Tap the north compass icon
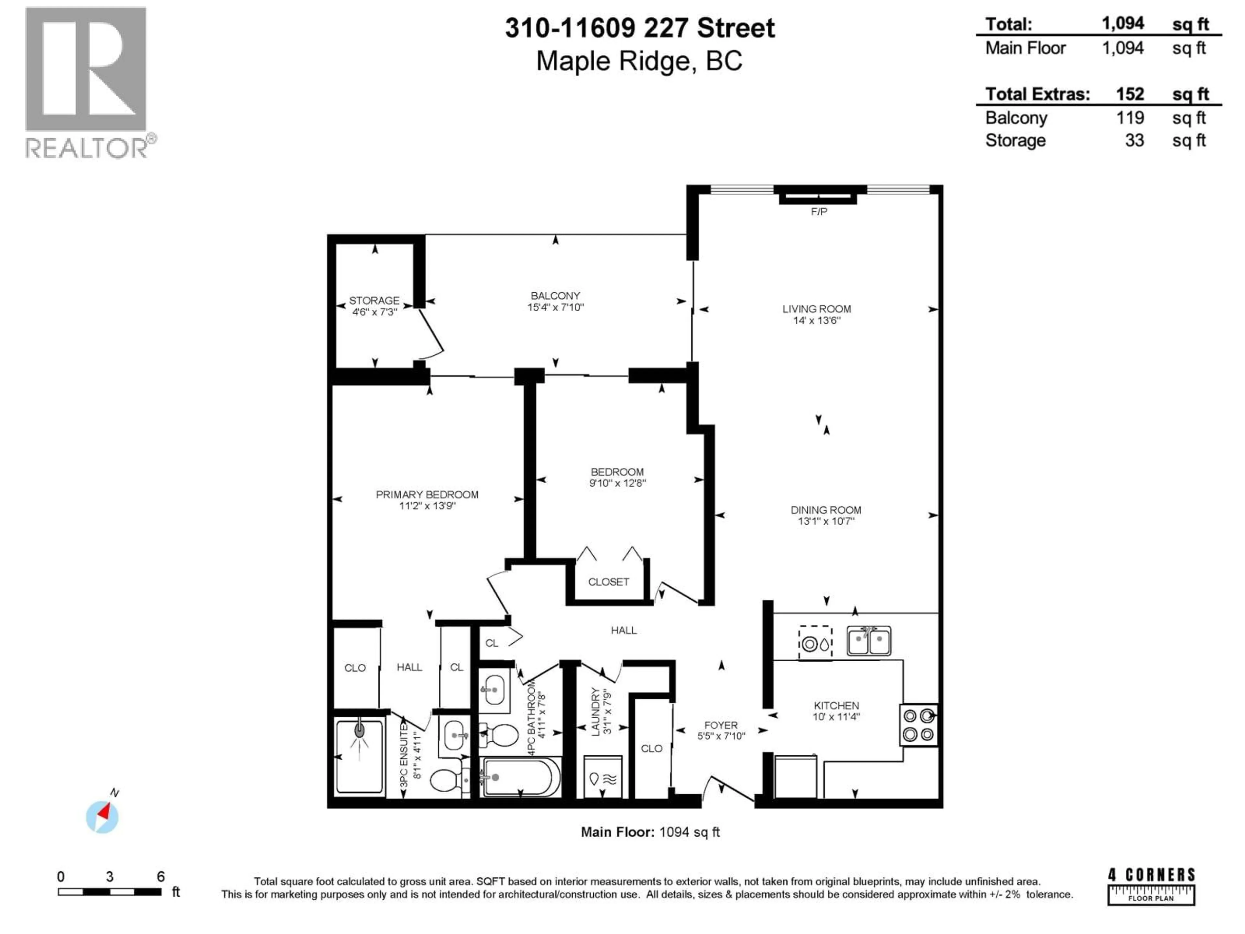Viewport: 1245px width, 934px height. (x=102, y=816)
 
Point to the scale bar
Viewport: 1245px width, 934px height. (x=110, y=892)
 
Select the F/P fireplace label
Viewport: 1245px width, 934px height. (x=819, y=212)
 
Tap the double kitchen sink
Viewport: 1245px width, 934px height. (x=869, y=641)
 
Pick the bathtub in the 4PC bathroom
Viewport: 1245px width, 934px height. (x=521, y=777)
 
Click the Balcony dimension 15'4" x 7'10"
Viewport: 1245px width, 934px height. (x=555, y=307)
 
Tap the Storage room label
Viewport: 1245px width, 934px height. (x=374, y=301)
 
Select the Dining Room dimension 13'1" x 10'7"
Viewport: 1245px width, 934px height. (x=826, y=521)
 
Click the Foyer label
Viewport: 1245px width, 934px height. (x=720, y=725)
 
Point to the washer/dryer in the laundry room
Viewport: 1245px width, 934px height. (x=602, y=777)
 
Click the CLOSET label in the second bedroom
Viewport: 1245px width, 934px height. (x=609, y=581)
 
